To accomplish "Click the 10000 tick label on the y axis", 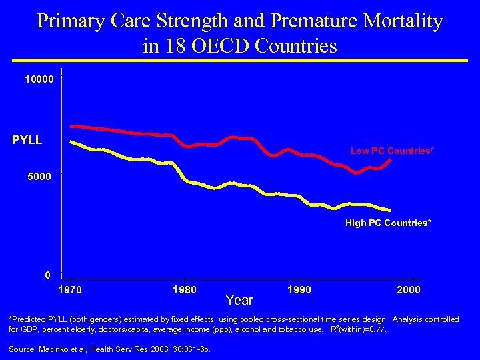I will tap(39, 79).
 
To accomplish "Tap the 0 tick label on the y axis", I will tap(47, 275).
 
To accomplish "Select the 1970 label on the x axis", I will tap(71, 290).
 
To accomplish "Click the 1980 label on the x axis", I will tap(184, 290).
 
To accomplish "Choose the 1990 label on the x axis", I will tap(299, 290).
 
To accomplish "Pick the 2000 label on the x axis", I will tap(408, 290).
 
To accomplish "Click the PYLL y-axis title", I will tap(27, 140).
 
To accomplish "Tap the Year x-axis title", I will tap(239, 300).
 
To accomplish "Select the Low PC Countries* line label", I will tap(392, 151).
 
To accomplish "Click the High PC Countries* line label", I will tap(388, 223).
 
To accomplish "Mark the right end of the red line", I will tap(390, 159).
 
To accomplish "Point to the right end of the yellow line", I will tap(390, 210).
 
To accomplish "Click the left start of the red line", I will tap(71, 126).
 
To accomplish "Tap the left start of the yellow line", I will tap(71, 141).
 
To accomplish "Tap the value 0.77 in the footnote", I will tap(375, 329).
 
